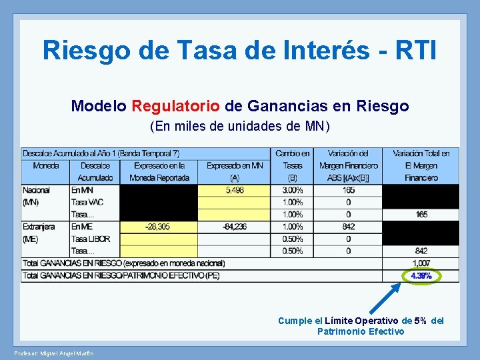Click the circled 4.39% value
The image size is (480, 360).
421,275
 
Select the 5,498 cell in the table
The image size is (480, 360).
234,190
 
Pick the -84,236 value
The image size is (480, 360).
234,227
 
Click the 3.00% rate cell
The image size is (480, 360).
292,190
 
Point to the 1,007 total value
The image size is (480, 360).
421,263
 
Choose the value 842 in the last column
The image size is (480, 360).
421,251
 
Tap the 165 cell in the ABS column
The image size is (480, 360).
349,190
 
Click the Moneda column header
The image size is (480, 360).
45,165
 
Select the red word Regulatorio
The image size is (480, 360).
175,106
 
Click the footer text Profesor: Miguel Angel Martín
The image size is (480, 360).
53,353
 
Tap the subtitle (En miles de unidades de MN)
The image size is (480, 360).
240,126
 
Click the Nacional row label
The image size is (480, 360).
36,190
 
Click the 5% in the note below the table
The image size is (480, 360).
421,321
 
